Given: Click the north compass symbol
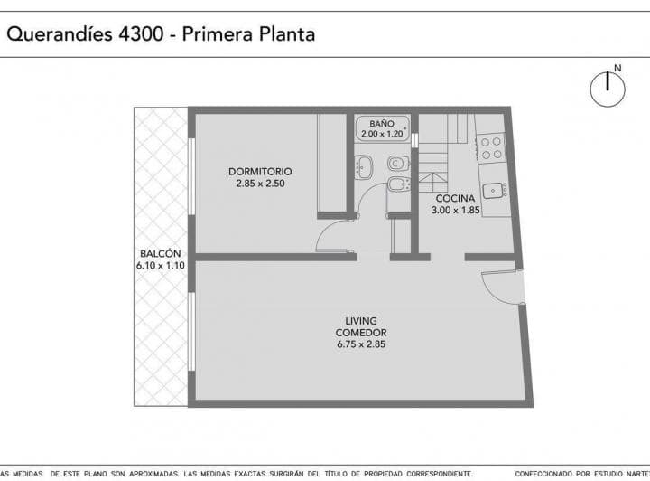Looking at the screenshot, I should [x=608, y=88].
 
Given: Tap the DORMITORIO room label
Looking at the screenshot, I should [x=260, y=172].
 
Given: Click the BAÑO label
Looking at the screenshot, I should [x=381, y=124].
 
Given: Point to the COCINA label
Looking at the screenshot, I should [x=456, y=198].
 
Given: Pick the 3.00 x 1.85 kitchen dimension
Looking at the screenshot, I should [x=456, y=210].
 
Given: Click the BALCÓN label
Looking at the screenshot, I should [x=161, y=254].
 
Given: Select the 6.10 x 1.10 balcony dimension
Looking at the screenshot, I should [x=161, y=266].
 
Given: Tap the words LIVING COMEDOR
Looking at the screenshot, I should [x=361, y=326].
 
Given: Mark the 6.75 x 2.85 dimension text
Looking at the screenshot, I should [x=361, y=344].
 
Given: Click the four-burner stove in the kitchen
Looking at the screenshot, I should [x=492, y=148].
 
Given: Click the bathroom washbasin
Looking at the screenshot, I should [x=364, y=165].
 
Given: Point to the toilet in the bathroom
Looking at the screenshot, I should [x=397, y=164].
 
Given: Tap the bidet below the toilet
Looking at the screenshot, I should [x=397, y=185].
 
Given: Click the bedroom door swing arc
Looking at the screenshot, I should [x=329, y=237].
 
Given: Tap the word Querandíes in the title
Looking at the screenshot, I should [x=59, y=35].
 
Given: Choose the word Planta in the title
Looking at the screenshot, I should [x=285, y=35].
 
